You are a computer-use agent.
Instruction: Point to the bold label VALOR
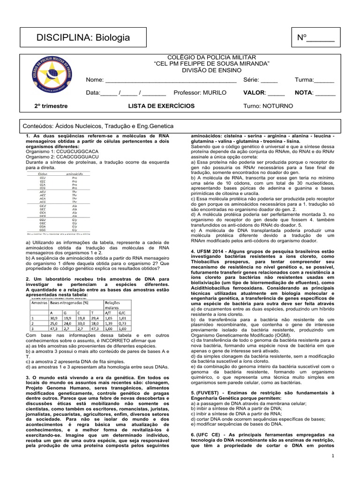(255, 93)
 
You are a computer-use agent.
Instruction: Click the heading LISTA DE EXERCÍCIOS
(161, 106)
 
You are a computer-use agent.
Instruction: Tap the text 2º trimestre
(51, 106)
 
